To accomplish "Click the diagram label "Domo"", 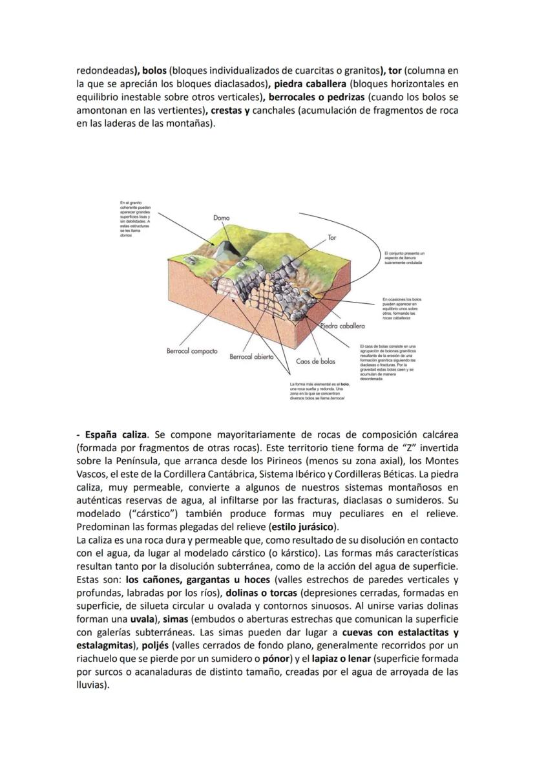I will point(221,219).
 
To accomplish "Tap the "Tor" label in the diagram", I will point(331,238).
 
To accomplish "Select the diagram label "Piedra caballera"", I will point(342,326).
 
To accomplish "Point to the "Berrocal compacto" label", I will point(192,351).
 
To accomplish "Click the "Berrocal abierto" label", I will point(251,356).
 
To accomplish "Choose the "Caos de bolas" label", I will point(315,361).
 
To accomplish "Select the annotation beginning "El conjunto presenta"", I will point(403,257).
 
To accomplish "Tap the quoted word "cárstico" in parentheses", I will point(152,514).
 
